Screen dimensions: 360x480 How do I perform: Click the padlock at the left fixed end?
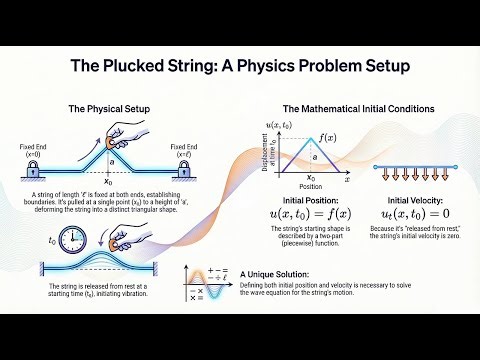pyautogui.click(x=28, y=170)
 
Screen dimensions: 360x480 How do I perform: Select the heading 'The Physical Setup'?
pyautogui.click(x=109, y=108)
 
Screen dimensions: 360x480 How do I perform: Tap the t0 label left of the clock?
pyautogui.click(x=52, y=241)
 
